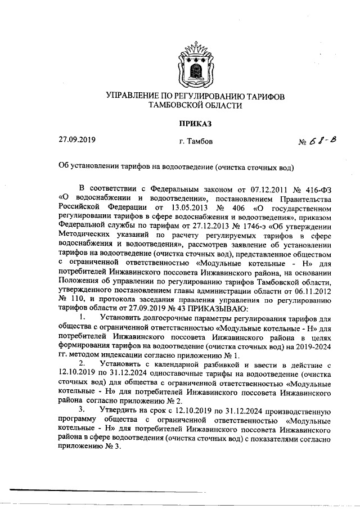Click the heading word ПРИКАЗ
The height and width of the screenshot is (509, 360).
[195, 123]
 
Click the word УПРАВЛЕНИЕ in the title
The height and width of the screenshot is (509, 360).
[135, 97]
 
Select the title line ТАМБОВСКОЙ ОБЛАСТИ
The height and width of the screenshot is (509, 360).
[195, 106]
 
